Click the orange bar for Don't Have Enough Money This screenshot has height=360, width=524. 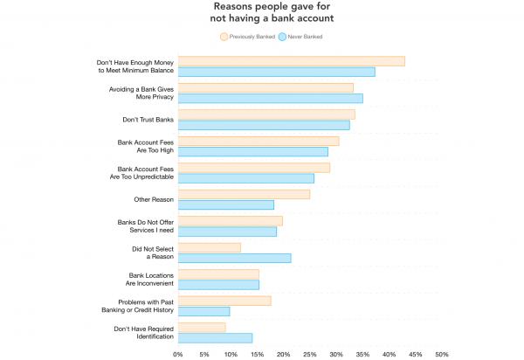click(291, 61)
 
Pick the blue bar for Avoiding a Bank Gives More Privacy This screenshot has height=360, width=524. click(270, 99)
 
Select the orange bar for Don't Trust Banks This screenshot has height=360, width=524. click(266, 114)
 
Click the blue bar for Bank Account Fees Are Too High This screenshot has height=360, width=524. click(252, 152)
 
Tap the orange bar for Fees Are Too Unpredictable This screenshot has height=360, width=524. click(253, 168)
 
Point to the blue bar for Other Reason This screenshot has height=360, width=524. click(225, 205)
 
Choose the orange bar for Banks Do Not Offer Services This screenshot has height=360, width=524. click(230, 221)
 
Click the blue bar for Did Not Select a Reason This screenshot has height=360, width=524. click(234, 258)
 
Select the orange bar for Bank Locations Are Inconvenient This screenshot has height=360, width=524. click(218, 274)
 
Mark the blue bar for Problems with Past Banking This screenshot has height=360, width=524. click(203, 311)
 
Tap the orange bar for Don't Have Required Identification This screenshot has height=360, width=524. click(201, 328)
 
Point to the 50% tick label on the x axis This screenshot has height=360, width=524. click(442, 354)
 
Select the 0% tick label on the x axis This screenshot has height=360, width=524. click(178, 354)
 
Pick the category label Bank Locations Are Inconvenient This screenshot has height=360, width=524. click(150, 280)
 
